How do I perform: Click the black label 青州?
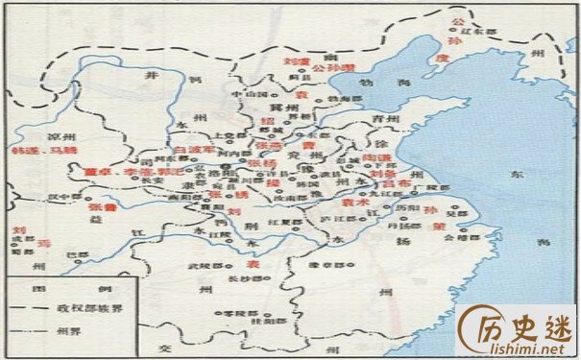point(357,120)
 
